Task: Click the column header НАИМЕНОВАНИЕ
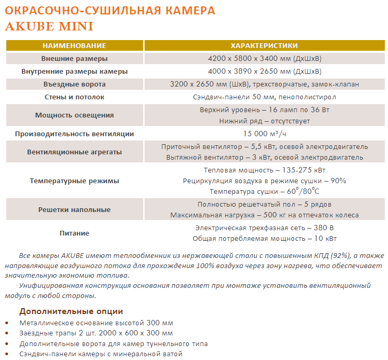(x=74, y=45)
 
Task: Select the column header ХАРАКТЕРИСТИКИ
(x=264, y=45)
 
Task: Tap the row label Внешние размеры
(x=74, y=58)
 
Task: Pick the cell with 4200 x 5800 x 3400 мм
(x=264, y=58)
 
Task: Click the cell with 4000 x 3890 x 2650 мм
(x=264, y=71)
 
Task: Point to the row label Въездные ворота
(x=74, y=84)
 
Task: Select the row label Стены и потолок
(x=74, y=97)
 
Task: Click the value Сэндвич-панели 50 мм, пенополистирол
(x=264, y=97)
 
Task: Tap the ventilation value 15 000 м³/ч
(x=264, y=134)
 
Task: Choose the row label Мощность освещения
(x=74, y=115)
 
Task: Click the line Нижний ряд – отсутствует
(x=264, y=121)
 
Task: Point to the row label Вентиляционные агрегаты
(x=74, y=152)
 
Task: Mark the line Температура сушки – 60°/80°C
(x=264, y=191)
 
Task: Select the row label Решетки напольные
(x=74, y=209)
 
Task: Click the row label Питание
(x=74, y=233)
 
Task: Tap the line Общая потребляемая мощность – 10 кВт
(x=264, y=239)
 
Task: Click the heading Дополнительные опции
(x=71, y=311)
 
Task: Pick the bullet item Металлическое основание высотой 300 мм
(x=96, y=323)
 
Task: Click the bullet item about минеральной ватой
(x=101, y=354)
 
